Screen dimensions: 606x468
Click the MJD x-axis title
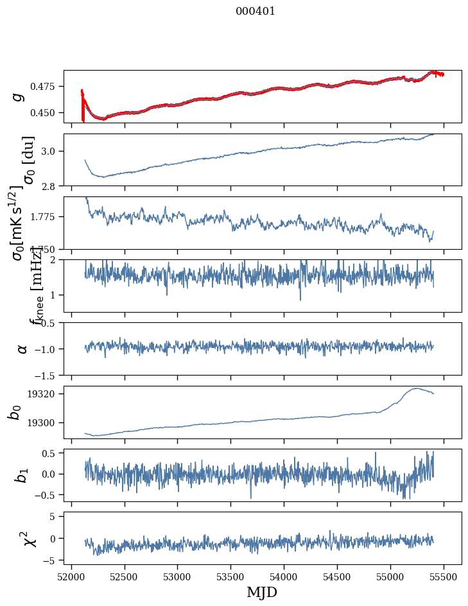click(x=262, y=593)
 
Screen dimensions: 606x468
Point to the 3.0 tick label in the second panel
click(x=51, y=151)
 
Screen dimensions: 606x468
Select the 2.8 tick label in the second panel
click(x=51, y=186)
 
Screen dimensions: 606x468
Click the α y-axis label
click(x=22, y=349)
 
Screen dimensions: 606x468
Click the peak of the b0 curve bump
click(x=417, y=388)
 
